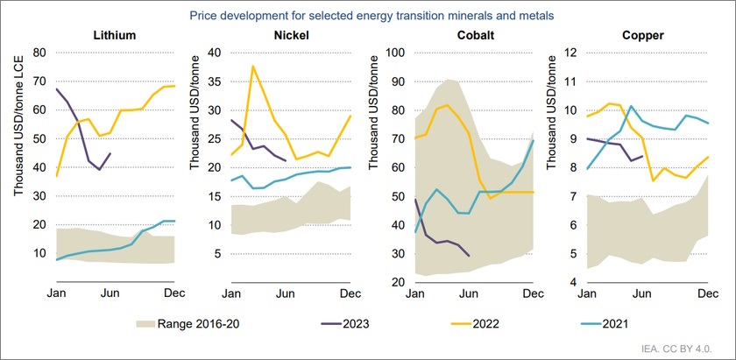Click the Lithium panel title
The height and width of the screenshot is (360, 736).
pyautogui.click(x=115, y=36)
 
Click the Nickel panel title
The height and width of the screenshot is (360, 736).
pyautogui.click(x=290, y=36)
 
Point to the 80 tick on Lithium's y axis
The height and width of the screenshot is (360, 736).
pyautogui.click(x=39, y=53)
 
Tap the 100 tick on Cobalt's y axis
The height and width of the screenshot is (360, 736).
pyautogui.click(x=394, y=53)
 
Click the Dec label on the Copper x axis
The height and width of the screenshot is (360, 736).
pyautogui.click(x=707, y=292)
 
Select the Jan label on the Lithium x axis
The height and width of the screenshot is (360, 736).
pyautogui.click(x=57, y=292)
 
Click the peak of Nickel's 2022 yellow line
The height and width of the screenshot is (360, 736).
pyautogui.click(x=253, y=66)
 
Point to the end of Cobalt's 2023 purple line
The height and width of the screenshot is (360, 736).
pyautogui.click(x=469, y=256)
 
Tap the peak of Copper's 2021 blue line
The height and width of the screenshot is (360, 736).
pyautogui.click(x=632, y=106)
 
